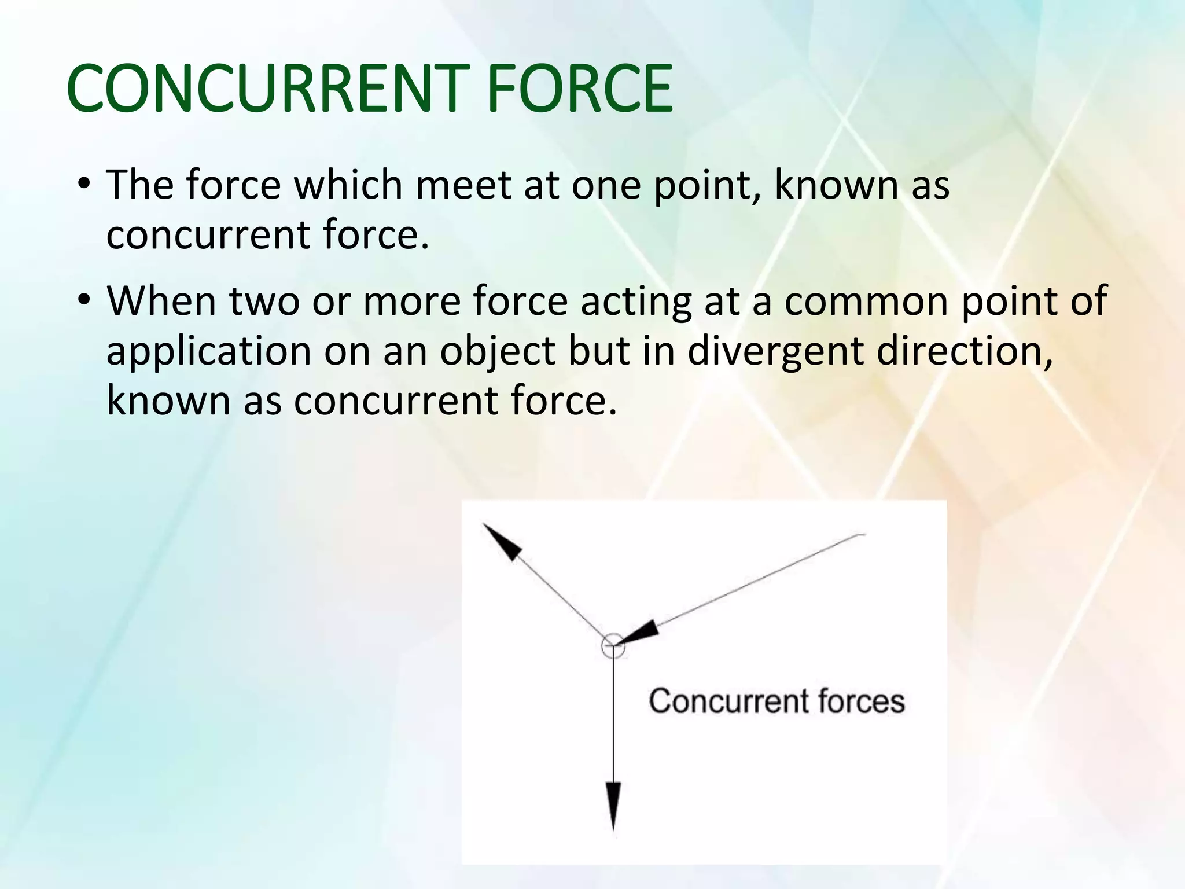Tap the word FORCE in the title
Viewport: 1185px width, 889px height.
click(580, 89)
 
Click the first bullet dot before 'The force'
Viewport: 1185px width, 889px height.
click(84, 185)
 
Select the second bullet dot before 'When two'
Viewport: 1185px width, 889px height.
click(84, 301)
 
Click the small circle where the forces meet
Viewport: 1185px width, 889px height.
click(613, 646)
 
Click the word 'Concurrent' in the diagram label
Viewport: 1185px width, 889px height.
click(727, 701)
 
